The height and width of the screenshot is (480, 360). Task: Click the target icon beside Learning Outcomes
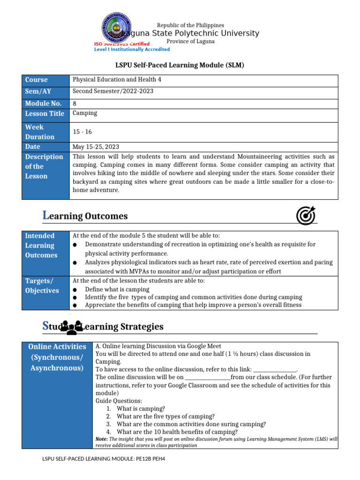pyautogui.click(x=306, y=216)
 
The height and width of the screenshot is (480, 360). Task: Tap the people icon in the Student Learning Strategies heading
pyautogui.click(x=71, y=327)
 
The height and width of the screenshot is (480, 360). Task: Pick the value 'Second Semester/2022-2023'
pyautogui.click(x=113, y=91)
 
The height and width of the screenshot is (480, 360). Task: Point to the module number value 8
pyautogui.click(x=75, y=104)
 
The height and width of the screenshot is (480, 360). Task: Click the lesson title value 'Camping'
pyautogui.click(x=85, y=113)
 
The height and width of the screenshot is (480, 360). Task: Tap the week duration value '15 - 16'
pyautogui.click(x=82, y=132)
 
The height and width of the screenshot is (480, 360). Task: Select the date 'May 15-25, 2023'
pyautogui.click(x=96, y=147)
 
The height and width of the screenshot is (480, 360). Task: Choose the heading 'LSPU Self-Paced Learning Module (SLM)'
pyautogui.click(x=180, y=65)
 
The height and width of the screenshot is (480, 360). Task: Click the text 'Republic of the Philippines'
pyautogui.click(x=190, y=25)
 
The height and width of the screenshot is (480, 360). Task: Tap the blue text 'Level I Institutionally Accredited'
pyautogui.click(x=132, y=49)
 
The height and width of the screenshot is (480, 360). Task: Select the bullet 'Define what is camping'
pyautogui.click(x=117, y=290)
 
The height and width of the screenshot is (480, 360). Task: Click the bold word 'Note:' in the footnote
pyautogui.click(x=102, y=439)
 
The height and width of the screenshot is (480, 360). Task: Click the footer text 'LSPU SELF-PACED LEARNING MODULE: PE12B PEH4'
pyautogui.click(x=104, y=459)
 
